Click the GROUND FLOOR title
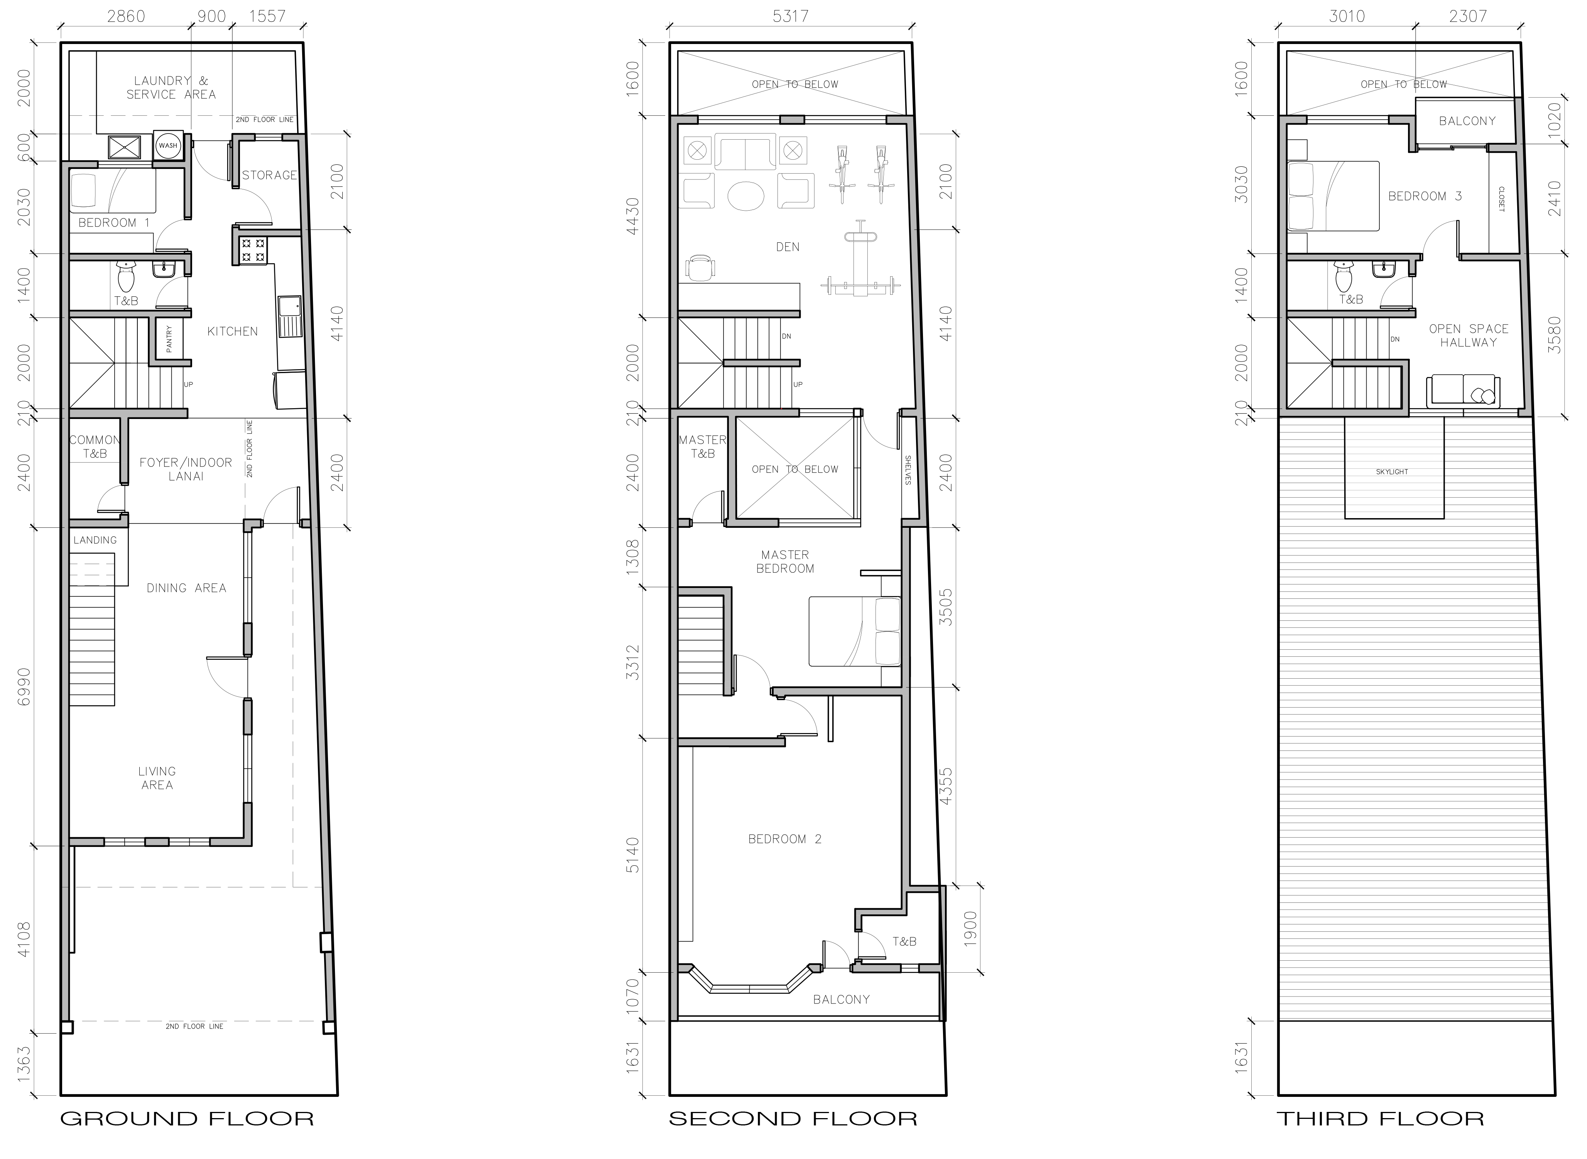187,1118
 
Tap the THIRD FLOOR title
1380,1118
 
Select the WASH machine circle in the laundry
168,146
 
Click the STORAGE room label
269,175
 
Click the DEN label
788,247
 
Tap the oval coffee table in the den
746,196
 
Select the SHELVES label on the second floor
907,470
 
